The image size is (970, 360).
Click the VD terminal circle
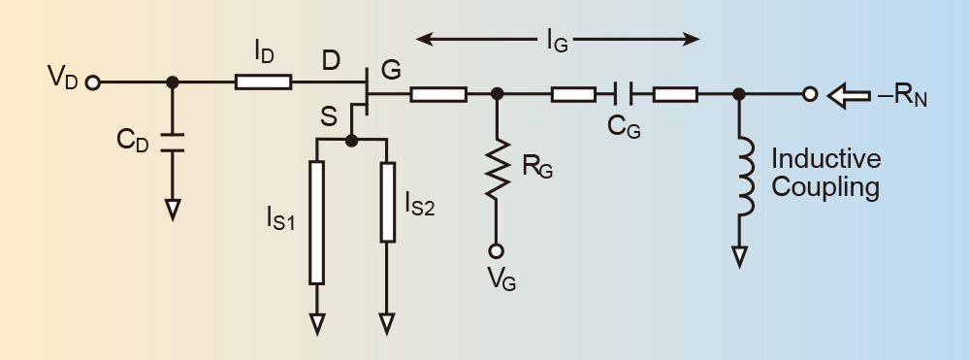(x=93, y=82)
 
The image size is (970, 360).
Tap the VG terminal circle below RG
(x=496, y=250)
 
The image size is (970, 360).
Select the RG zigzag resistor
(x=497, y=168)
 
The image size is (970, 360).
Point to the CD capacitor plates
(x=173, y=142)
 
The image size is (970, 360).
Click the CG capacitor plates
(x=624, y=94)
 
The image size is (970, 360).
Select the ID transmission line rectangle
(x=263, y=82)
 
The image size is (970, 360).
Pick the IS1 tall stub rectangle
(x=317, y=222)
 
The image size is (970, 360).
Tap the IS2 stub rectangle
(x=387, y=202)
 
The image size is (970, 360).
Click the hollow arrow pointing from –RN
(x=848, y=96)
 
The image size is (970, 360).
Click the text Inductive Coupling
(x=825, y=173)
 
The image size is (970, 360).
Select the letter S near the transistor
(x=329, y=117)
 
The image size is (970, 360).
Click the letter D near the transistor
(x=331, y=61)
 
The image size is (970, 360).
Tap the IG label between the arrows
(x=557, y=42)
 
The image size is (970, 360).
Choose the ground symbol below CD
(x=173, y=210)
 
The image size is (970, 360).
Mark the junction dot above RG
(x=497, y=94)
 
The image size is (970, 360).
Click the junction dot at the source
(x=351, y=141)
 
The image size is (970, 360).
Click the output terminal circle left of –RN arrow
(x=810, y=95)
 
